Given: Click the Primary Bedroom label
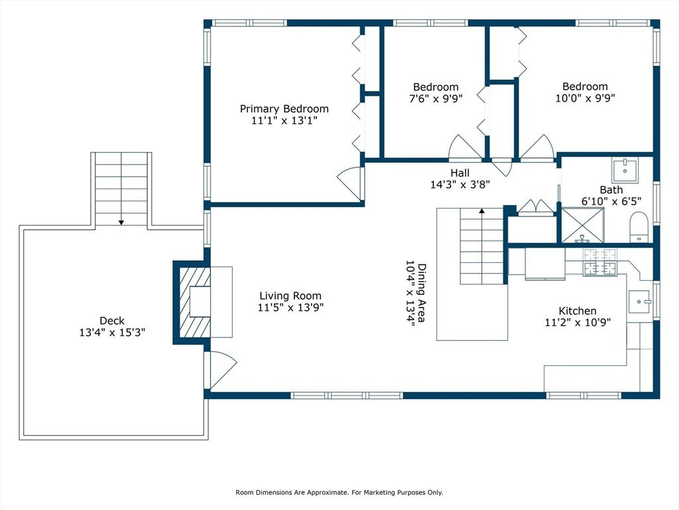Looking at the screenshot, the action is (284, 108).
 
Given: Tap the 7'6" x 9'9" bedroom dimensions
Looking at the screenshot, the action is (436, 98).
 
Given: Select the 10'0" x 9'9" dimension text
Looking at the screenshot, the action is (585, 98).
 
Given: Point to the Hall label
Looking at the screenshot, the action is (460, 173).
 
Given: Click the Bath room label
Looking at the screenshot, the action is (611, 190).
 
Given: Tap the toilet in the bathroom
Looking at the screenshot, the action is (638, 226).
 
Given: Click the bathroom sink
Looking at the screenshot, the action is (625, 169).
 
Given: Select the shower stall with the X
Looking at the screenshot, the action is (582, 225).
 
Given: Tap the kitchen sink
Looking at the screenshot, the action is (639, 301).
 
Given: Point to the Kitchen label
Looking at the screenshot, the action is (578, 311).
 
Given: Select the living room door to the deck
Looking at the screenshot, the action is (221, 370).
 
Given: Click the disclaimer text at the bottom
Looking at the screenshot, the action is (339, 492).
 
